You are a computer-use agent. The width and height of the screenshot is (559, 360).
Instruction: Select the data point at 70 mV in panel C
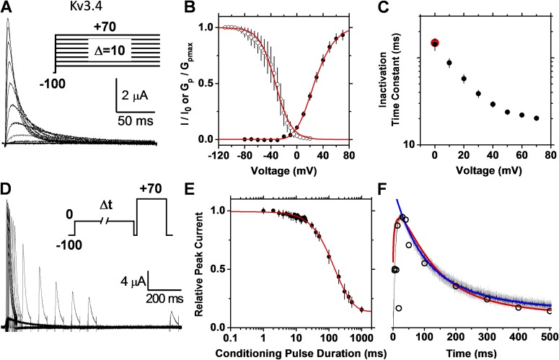pos(537,118)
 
